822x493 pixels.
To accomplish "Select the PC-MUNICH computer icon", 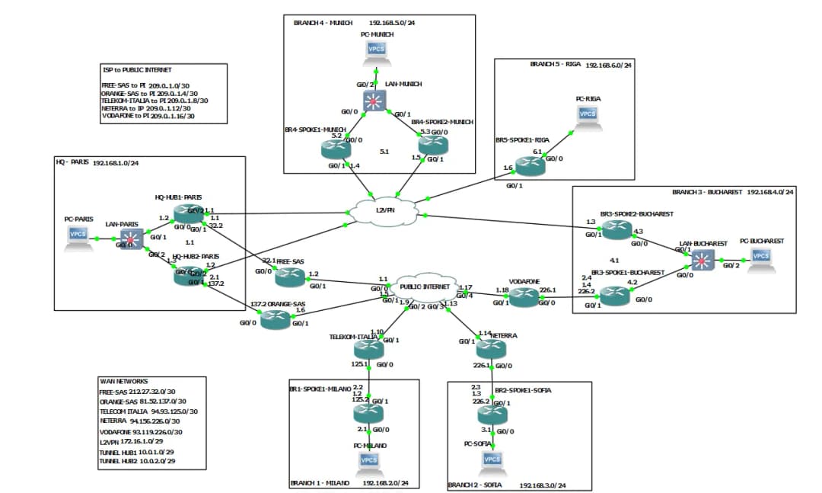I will pos(376,51).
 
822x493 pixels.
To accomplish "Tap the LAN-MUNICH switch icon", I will pos(374,101).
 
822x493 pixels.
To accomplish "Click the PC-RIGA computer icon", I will pos(588,116).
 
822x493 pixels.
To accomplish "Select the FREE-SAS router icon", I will pos(289,278).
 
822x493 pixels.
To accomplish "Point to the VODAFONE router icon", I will pos(524,297).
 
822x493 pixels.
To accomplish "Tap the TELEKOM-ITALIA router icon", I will pos(368,350).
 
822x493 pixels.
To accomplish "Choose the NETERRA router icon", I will pos(491,350).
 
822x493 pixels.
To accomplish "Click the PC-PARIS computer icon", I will pos(78,236).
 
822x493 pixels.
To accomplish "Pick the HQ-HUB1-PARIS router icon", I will pos(189,215).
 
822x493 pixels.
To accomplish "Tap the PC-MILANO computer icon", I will pos(368,462).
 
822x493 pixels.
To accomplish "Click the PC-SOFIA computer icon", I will pos(492,461).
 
